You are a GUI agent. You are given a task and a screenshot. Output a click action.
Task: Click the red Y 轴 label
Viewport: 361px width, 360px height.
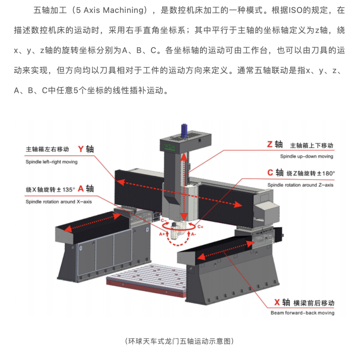(86, 149)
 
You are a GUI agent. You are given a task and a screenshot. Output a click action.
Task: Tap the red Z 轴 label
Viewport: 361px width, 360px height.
(275, 144)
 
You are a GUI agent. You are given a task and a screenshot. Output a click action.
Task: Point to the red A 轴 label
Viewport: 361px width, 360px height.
(86, 189)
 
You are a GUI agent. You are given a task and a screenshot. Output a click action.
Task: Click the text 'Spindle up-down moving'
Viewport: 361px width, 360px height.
(307, 156)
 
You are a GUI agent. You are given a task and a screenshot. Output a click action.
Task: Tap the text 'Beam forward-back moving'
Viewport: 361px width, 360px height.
(302, 313)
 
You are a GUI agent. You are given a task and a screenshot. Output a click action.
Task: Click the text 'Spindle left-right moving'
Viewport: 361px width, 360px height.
(51, 162)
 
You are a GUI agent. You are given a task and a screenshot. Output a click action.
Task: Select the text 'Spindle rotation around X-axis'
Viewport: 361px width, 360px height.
(58, 202)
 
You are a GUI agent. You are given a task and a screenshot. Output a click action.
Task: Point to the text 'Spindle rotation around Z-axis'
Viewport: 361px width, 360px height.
(300, 185)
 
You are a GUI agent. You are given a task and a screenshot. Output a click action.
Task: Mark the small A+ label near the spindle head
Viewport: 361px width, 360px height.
(162, 234)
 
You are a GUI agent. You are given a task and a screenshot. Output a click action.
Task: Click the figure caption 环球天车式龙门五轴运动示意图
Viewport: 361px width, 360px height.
(179, 341)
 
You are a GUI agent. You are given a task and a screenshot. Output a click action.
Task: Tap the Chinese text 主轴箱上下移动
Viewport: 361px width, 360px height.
(312, 145)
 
